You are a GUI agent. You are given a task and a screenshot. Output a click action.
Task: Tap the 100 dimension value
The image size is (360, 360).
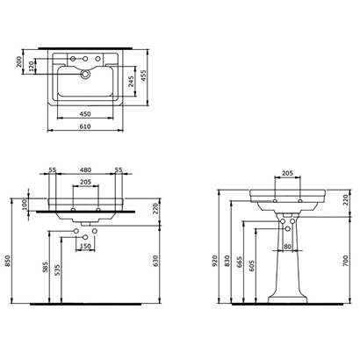coord(25,205)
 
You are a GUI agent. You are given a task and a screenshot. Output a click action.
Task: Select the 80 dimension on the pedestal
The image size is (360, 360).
coord(287,247)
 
